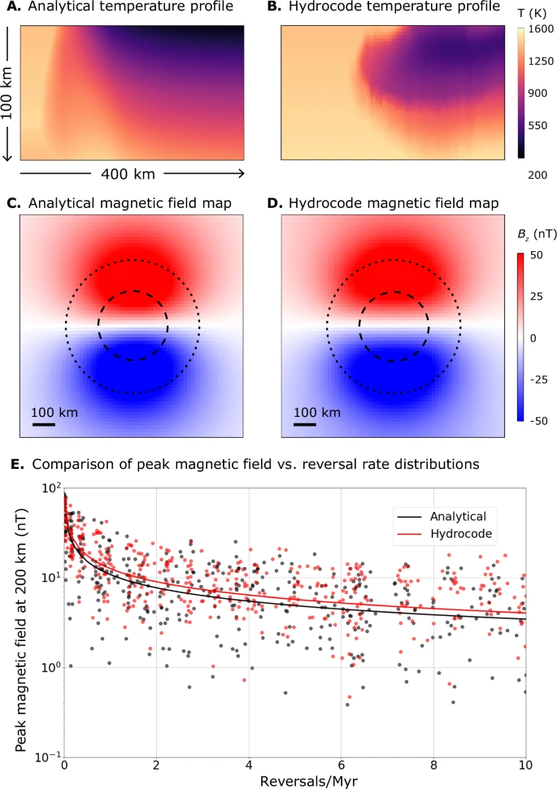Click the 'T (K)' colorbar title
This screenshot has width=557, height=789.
click(x=533, y=13)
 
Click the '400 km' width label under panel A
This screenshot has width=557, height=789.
click(x=128, y=173)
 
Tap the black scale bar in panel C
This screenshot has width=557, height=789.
click(x=43, y=424)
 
